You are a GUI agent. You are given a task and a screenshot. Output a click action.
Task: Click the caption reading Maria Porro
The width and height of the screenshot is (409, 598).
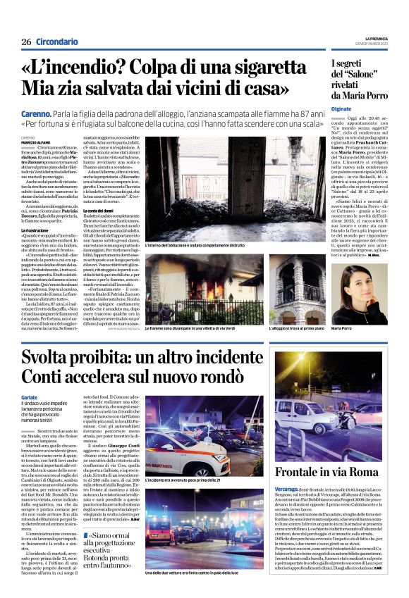pos(342,328)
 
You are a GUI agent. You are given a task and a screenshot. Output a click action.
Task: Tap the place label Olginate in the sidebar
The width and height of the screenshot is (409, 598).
pos(342,110)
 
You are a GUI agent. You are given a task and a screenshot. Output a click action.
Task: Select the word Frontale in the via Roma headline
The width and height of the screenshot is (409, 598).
pos(307,471)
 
